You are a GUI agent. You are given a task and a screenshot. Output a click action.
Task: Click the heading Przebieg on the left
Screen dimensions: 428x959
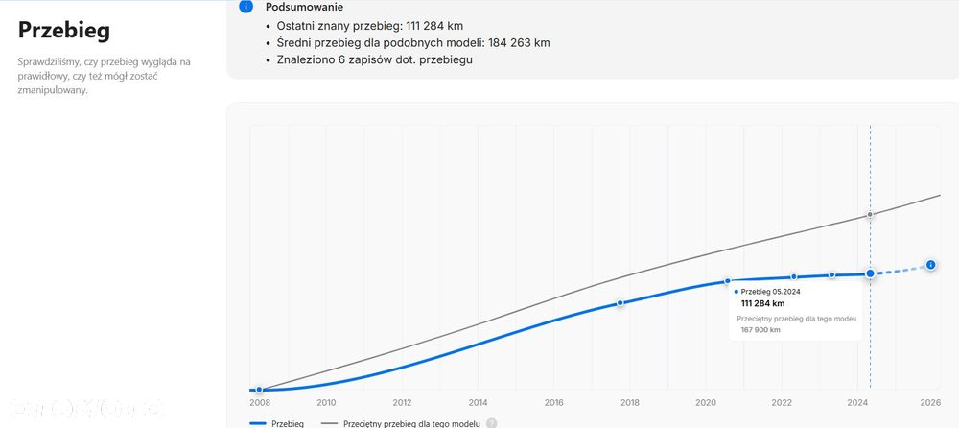64,30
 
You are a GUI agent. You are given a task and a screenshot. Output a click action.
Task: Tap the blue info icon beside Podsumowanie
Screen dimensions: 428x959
246,7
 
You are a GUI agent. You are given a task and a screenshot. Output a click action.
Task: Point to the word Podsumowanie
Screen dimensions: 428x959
304,7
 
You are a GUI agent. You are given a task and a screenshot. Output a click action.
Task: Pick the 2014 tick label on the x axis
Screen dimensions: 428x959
478,403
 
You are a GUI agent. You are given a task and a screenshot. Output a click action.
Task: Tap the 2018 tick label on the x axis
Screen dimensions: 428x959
630,403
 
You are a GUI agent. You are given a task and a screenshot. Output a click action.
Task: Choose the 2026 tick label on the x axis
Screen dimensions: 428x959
929,403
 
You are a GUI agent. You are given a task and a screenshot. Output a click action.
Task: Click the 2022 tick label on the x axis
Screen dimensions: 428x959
782,403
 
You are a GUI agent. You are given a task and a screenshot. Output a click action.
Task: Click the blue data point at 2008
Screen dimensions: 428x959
259,390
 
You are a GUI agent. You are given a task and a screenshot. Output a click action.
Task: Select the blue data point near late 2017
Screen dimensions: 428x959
620,302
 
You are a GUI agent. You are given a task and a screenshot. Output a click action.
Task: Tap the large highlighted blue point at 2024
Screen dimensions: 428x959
870,273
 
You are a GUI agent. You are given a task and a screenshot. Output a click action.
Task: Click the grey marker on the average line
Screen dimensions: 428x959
870,214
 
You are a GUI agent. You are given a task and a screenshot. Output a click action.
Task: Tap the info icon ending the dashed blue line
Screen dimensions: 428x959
930,264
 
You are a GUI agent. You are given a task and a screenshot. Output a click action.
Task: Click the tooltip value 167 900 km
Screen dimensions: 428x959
760,330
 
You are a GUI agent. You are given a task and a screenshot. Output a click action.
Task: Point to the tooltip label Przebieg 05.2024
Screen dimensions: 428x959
771,291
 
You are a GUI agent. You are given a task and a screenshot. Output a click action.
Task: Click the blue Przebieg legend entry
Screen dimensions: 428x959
277,423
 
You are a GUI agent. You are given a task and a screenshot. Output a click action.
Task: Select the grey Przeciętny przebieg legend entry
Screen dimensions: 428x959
404,423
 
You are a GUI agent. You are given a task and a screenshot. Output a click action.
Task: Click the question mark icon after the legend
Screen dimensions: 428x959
491,423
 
